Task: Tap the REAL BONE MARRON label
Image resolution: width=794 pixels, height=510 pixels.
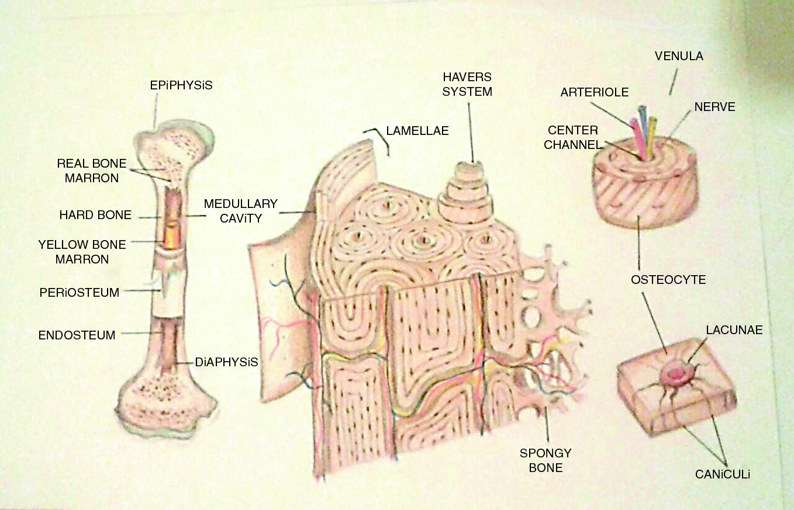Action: [92, 171]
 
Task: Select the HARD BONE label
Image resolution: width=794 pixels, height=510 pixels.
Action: [95, 215]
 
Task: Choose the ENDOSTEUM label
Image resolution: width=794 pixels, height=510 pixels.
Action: [77, 335]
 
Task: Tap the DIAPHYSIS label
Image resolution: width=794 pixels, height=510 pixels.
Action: [226, 362]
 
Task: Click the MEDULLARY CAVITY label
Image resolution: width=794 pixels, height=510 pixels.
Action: [240, 211]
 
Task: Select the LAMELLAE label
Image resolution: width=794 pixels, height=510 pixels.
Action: [417, 131]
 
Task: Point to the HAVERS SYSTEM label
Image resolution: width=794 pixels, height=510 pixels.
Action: [467, 85]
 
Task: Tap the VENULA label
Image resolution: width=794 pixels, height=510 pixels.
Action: [679, 57]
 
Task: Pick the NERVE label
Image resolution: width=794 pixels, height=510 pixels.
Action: [714, 107]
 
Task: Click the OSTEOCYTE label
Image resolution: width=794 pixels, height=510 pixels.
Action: [668, 279]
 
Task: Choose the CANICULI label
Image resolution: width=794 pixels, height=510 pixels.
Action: [722, 475]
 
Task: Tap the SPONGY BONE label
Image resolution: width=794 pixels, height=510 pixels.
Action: [546, 460]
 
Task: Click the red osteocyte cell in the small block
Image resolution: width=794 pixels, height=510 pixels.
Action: [676, 373]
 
